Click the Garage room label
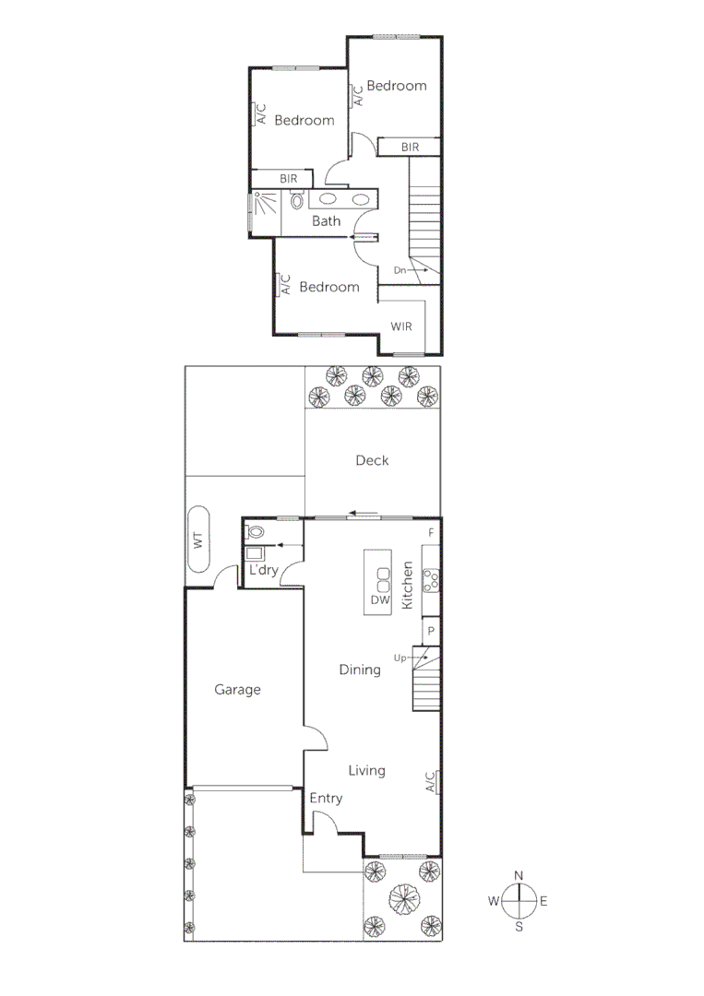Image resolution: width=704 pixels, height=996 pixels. coord(238,689)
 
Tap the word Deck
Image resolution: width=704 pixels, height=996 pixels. coord(372,460)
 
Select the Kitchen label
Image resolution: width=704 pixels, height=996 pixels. coord(407,584)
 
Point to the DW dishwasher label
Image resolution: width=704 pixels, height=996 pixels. coord(380,601)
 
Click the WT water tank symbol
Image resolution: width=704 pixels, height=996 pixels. coord(198,541)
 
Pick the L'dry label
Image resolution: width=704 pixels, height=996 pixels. coord(264,571)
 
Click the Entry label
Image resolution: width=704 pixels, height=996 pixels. coord(325,798)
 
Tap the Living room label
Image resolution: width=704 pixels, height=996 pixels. coord(366,770)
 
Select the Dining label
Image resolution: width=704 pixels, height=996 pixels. coord(360,670)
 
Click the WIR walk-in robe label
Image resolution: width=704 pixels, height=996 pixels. coord(401,326)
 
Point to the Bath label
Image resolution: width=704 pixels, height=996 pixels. coord(326,221)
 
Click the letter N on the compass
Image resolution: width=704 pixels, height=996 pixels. coord(519,875)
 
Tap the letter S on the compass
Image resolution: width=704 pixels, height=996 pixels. coord(519,927)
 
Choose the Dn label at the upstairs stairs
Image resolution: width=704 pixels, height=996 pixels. coord(400,270)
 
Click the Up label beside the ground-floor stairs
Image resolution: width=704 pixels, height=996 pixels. coord(400,658)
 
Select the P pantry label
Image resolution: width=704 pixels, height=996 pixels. coord(430,632)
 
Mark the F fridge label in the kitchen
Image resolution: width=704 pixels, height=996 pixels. coord(430,534)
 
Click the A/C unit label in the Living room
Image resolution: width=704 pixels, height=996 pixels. coord(431,783)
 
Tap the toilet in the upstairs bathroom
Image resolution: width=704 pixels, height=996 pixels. coord(297,199)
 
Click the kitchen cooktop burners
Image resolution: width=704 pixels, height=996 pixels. coord(430,580)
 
